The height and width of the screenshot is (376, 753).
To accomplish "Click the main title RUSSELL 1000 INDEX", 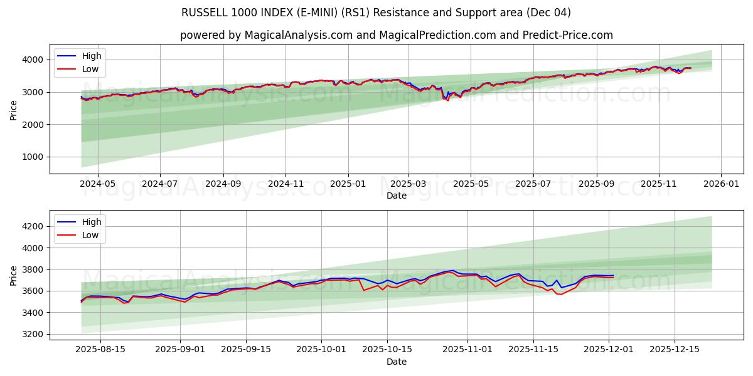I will click(376, 13).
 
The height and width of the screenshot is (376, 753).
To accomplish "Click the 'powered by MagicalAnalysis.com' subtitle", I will click(396, 35).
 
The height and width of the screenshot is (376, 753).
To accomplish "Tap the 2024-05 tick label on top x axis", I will click(98, 184).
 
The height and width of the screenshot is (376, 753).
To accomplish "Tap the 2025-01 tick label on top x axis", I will click(347, 184).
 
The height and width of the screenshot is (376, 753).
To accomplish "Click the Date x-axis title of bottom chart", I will click(396, 362).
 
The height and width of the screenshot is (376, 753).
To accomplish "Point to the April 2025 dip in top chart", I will click(447, 99).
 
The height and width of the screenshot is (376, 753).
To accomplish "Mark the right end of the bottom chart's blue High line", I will click(613, 275).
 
